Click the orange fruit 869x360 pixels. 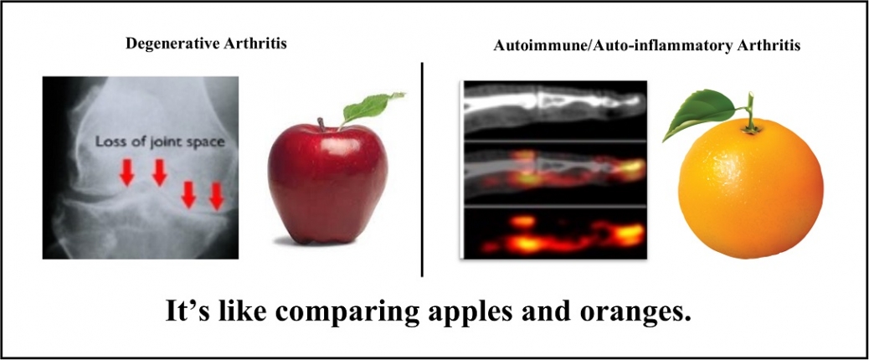751,188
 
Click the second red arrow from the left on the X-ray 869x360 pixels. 160,172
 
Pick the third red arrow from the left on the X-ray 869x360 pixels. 189,194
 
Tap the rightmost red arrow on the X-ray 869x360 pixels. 217,196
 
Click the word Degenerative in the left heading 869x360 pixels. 167,44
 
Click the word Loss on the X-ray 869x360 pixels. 107,141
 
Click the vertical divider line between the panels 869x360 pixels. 422,169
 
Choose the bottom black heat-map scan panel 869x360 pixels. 555,234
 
